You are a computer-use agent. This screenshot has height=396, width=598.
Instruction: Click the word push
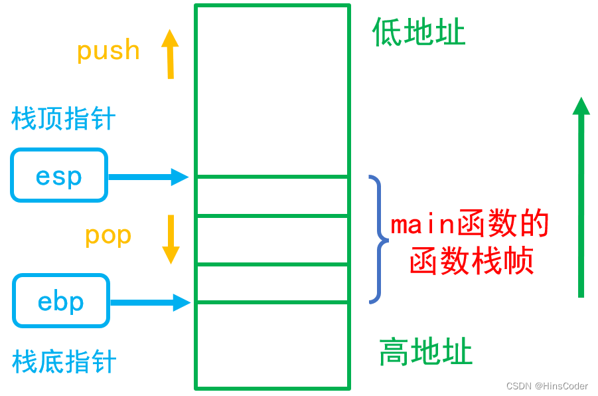[108, 51]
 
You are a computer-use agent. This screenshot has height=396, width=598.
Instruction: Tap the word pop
[108, 235]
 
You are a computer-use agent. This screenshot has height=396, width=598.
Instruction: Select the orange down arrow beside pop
[171, 239]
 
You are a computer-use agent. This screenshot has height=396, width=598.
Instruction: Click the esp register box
[59, 175]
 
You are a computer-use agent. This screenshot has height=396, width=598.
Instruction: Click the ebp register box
[61, 301]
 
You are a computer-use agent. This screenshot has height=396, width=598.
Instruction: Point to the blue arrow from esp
[148, 177]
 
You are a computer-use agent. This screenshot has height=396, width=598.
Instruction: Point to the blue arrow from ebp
[150, 303]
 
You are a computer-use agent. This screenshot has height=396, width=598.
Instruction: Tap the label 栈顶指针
[64, 120]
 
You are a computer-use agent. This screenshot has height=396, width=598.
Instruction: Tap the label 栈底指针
[64, 362]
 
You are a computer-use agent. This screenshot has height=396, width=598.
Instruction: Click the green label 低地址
[419, 33]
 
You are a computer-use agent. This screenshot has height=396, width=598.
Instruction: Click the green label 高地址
[425, 352]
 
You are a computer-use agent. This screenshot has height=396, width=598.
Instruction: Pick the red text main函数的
[470, 225]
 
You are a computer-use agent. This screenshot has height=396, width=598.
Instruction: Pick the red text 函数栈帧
[472, 261]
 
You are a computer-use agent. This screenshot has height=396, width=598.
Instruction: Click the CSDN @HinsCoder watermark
[546, 386]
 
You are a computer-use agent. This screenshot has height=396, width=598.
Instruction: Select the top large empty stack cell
[272, 91]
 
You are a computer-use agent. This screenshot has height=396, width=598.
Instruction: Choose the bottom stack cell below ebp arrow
[272, 345]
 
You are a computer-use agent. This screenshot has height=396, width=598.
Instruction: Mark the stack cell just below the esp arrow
[272, 196]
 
